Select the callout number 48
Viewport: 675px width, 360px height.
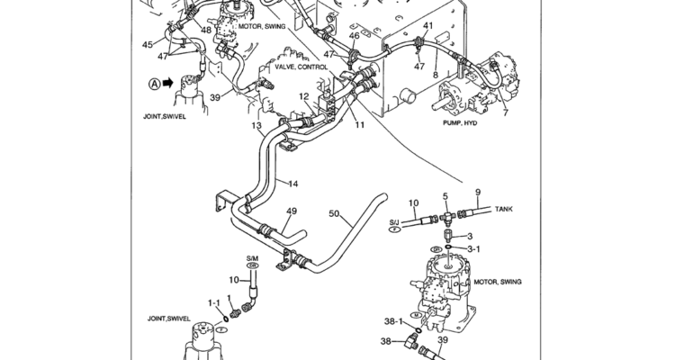click(x=207, y=31)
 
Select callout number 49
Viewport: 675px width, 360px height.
click(x=291, y=211)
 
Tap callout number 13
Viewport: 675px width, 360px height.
click(x=256, y=125)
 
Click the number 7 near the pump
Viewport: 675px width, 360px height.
click(x=505, y=112)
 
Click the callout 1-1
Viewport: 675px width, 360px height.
click(x=214, y=302)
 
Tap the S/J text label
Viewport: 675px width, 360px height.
click(x=394, y=220)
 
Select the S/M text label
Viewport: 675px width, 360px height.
click(x=252, y=259)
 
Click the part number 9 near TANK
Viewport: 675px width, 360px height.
click(x=477, y=191)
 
